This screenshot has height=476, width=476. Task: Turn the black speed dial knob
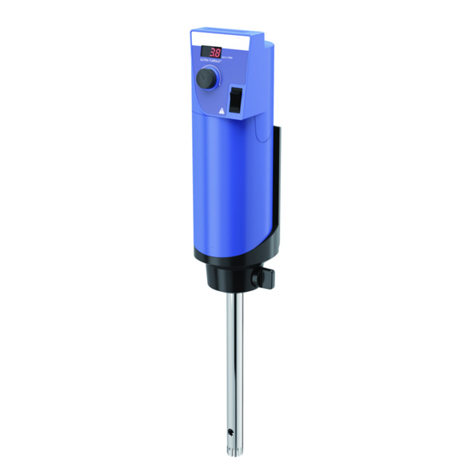coord(206,78)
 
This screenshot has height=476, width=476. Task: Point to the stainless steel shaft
coord(233,357)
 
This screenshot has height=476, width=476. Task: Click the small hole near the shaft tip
coord(230,432)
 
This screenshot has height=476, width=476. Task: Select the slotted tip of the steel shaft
coord(234,452)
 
